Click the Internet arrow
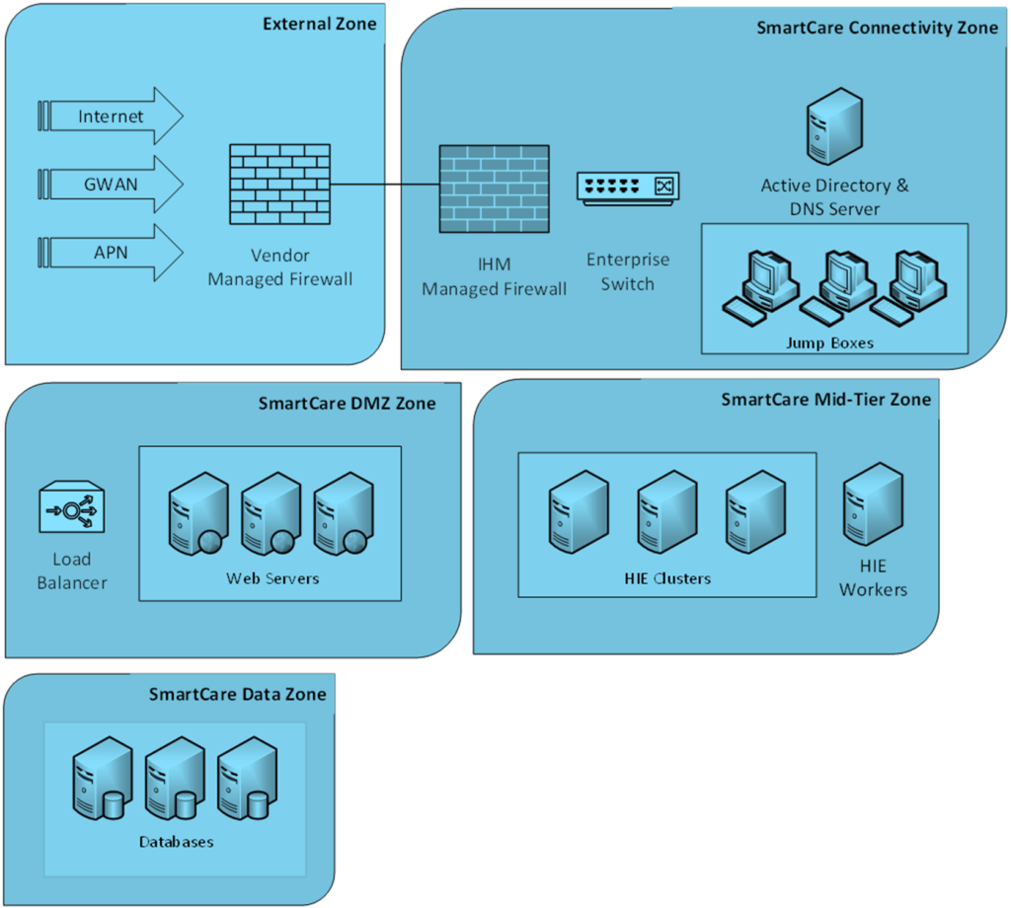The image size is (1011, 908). coord(111,116)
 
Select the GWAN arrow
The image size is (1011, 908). coord(111,184)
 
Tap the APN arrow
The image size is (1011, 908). coord(111,252)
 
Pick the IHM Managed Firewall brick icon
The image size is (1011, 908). coord(494,189)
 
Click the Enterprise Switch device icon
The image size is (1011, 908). coord(628,187)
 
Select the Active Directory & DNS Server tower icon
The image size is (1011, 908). coord(834,125)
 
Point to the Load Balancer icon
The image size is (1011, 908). coord(72,509)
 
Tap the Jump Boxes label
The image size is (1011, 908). coord(829,343)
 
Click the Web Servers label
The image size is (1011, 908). coord(272,578)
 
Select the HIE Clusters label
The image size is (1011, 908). coord(667,578)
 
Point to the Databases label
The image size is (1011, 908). coord(176,842)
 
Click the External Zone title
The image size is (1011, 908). coord(319,24)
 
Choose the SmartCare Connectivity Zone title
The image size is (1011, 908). coord(878,28)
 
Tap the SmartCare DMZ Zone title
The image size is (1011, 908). coord(347,403)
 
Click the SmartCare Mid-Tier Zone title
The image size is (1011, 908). coord(825,399)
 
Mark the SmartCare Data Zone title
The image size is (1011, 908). coord(237,694)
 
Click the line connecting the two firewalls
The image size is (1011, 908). coord(385,185)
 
